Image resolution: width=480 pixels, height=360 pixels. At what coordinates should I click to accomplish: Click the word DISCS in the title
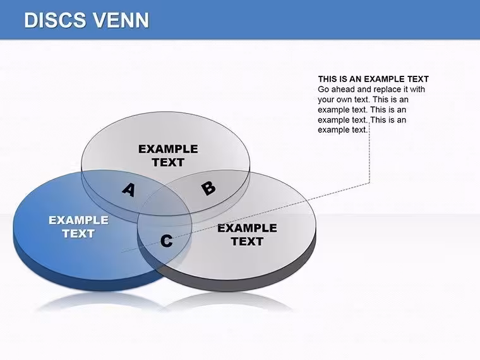tap(55, 20)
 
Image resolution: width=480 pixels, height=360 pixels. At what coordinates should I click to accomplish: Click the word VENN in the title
tap(121, 20)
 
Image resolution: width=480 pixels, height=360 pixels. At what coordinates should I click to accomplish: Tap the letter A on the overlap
tap(129, 190)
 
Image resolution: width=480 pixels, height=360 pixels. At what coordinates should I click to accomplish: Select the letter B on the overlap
tap(208, 188)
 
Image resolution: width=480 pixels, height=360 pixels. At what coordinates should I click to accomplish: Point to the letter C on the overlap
tap(166, 241)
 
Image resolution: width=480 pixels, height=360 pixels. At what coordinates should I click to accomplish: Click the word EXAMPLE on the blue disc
tap(79, 220)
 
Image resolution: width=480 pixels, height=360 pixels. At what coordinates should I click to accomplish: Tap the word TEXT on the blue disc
tap(78, 234)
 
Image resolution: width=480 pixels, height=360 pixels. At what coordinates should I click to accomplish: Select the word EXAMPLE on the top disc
tap(168, 149)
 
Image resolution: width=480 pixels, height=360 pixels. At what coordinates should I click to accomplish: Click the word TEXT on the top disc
tap(168, 162)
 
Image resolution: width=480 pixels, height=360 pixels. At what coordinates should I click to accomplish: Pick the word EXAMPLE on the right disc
tap(247, 228)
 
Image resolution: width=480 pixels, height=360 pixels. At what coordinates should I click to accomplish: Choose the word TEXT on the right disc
tap(247, 241)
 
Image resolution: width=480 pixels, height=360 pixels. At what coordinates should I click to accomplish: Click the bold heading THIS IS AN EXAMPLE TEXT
tap(373, 80)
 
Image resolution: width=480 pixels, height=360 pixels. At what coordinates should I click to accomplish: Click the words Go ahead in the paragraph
tap(335, 90)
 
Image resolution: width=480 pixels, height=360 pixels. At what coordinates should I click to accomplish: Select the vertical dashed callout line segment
tap(369, 152)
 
